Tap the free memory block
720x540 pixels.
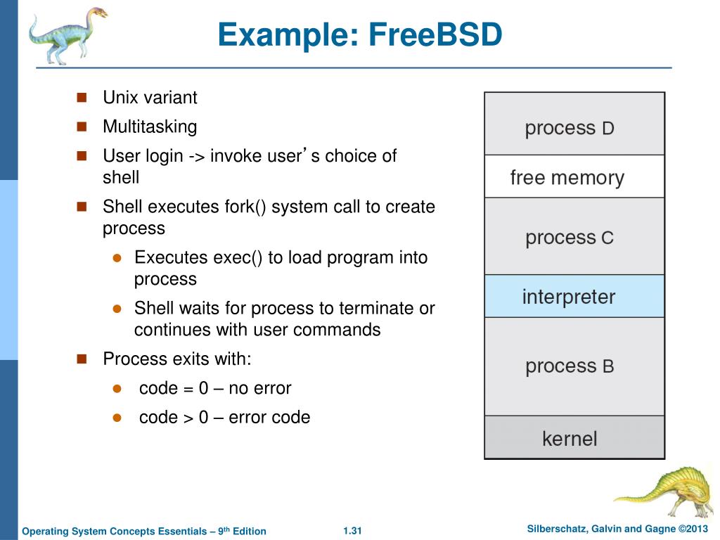pos(574,176)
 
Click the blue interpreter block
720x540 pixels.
pos(574,296)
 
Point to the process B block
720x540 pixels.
pos(574,366)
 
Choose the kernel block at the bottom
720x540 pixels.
pos(574,438)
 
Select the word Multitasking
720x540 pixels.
pos(150,127)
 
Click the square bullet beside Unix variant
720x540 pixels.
pos(81,97)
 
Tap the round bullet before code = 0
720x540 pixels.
pos(118,388)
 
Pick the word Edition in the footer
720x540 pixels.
pos(250,531)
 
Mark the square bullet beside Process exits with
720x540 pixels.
pos(81,359)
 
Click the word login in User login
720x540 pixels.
pos(161,156)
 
